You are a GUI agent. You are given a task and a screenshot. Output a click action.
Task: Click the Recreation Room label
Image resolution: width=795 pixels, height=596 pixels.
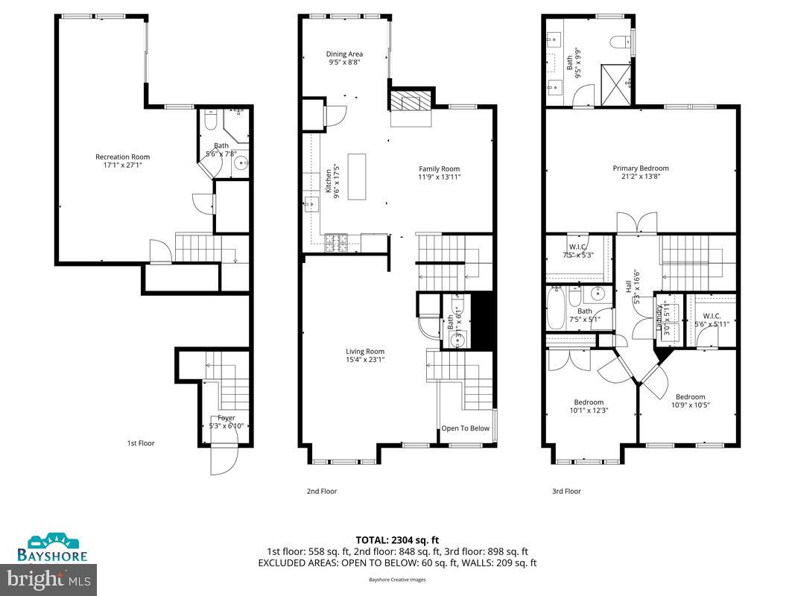pos(122,156)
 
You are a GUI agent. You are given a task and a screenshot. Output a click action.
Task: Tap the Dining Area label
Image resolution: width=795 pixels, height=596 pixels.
pos(344,54)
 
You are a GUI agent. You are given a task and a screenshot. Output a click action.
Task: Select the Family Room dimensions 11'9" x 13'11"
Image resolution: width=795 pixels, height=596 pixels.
pos(439,177)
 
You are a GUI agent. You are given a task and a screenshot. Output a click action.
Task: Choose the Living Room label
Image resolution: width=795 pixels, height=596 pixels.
pos(364,351)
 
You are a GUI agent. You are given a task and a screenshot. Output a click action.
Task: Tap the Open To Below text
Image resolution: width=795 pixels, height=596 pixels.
pos(465,428)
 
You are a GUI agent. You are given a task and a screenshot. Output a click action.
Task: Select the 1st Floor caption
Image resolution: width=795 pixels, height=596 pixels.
pos(140,443)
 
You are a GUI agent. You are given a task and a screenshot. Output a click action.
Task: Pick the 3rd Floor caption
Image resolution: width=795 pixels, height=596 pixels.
pos(566,491)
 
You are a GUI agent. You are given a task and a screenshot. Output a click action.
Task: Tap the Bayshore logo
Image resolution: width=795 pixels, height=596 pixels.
pos(53,547)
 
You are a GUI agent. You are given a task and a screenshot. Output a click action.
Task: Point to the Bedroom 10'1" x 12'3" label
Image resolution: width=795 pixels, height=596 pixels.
pos(589,406)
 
